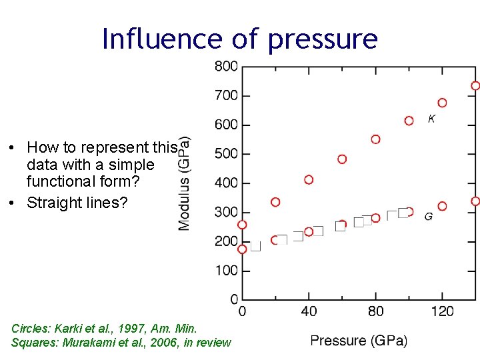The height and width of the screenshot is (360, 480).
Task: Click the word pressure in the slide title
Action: point(323,40)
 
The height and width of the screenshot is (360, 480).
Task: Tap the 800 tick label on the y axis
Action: point(226,66)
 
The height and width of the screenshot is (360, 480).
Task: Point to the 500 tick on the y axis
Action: point(226,153)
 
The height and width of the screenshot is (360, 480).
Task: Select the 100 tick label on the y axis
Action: point(226,271)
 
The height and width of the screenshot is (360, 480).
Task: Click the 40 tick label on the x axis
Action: point(309,311)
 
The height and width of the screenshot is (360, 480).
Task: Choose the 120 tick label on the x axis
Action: point(442,311)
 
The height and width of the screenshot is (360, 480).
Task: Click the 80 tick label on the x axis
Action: point(375,311)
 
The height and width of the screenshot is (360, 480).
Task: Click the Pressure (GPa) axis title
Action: point(359,341)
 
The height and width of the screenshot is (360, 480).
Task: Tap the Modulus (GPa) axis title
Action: point(185,183)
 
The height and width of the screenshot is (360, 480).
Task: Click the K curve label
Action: point(431,119)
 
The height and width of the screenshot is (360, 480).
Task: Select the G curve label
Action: point(428,217)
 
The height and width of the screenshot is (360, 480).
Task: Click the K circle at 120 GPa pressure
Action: point(442,103)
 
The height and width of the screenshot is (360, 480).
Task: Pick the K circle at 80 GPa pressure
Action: point(375,139)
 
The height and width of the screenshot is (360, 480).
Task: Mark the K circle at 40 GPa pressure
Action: point(309,179)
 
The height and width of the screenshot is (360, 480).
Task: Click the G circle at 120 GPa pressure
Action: point(442,206)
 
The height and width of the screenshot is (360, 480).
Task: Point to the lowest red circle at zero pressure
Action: point(242,249)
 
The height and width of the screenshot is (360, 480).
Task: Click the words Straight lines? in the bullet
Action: point(77,203)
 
